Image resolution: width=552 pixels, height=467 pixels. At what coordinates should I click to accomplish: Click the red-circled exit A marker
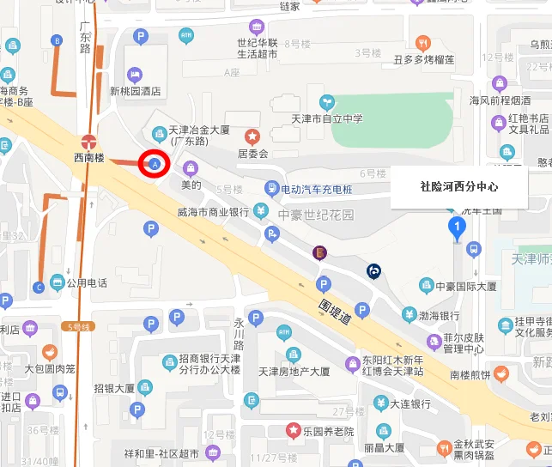[x=155, y=163]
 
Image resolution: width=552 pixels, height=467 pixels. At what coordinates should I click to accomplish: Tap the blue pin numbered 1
[x=458, y=227]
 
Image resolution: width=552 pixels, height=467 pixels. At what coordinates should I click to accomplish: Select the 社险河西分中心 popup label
[x=458, y=185]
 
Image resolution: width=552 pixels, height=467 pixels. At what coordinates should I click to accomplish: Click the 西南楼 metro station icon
[x=88, y=141]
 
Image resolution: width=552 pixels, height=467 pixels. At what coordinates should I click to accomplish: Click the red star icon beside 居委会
[x=252, y=136]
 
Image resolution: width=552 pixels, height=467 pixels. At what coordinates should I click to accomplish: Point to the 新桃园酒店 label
[x=136, y=91]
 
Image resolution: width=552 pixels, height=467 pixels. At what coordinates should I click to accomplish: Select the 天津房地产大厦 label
[x=294, y=373]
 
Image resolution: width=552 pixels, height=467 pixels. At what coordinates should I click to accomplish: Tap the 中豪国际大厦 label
[x=465, y=286]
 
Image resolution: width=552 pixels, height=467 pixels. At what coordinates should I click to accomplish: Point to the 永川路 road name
[x=240, y=334]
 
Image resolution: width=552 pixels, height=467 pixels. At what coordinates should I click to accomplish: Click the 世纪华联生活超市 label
[x=258, y=48]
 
